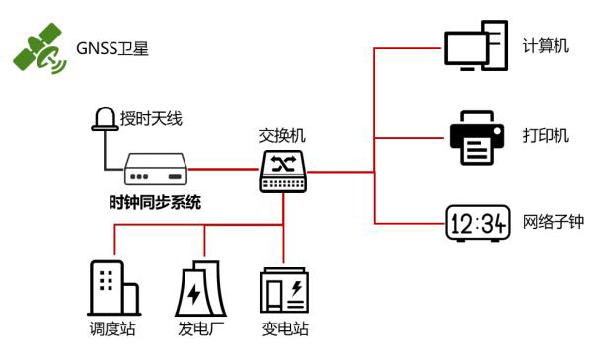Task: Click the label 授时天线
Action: tap(151, 119)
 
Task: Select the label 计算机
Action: tap(546, 46)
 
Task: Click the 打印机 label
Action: tap(546, 135)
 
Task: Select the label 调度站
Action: tap(111, 329)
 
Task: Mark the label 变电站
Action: tap(284, 329)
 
